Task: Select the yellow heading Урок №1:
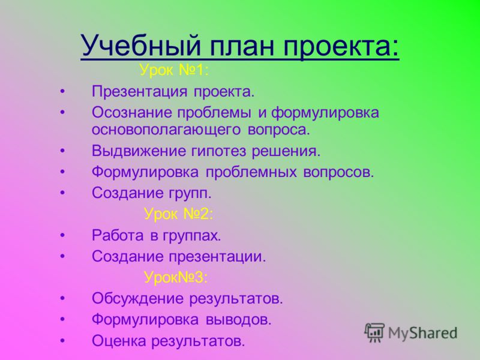pyautogui.click(x=174, y=70)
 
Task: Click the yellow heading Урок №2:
pyautogui.click(x=178, y=214)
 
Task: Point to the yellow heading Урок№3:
pyautogui.click(x=176, y=277)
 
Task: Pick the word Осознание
pyautogui.click(x=132, y=113)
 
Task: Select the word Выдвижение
pyautogui.click(x=139, y=151)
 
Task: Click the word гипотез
pyautogui.click(x=218, y=152)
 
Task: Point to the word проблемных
pyautogui.click(x=251, y=173)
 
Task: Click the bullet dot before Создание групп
pyautogui.click(x=63, y=193)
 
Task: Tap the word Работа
pyautogui.click(x=118, y=235)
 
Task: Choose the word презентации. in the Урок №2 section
pyautogui.click(x=217, y=257)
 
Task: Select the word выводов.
pyautogui.click(x=238, y=320)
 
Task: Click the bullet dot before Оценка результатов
pyautogui.click(x=63, y=341)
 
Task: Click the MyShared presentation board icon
pyautogui.click(x=374, y=332)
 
